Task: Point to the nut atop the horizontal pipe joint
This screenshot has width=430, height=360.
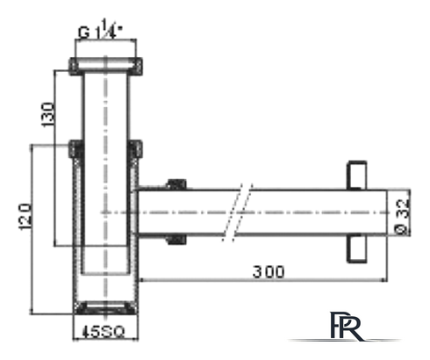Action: coord(176,184)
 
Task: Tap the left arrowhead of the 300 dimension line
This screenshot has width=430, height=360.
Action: coord(141,280)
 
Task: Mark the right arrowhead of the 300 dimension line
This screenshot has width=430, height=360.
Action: coord(385,280)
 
